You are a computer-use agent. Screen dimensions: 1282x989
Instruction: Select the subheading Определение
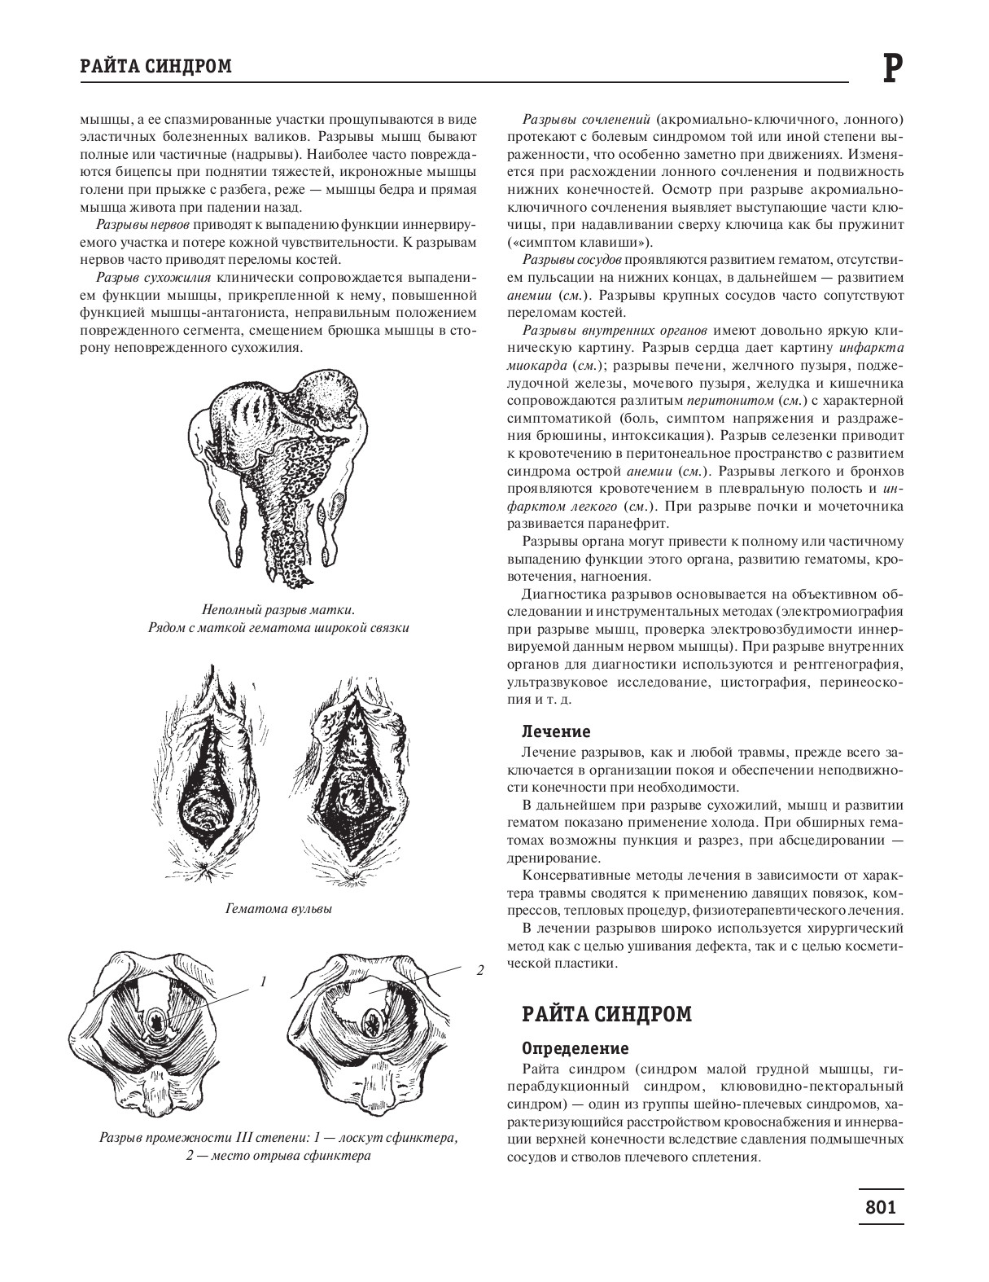point(574,1047)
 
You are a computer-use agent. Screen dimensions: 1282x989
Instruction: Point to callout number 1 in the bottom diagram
point(263,981)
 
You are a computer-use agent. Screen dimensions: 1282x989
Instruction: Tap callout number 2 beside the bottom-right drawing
point(479,970)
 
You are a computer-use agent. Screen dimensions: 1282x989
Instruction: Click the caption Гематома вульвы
point(278,908)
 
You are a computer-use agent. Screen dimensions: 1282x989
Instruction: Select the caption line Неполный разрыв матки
point(278,610)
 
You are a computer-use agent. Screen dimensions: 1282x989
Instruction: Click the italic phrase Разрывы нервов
point(143,225)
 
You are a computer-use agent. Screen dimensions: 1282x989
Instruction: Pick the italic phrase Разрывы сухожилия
point(154,278)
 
